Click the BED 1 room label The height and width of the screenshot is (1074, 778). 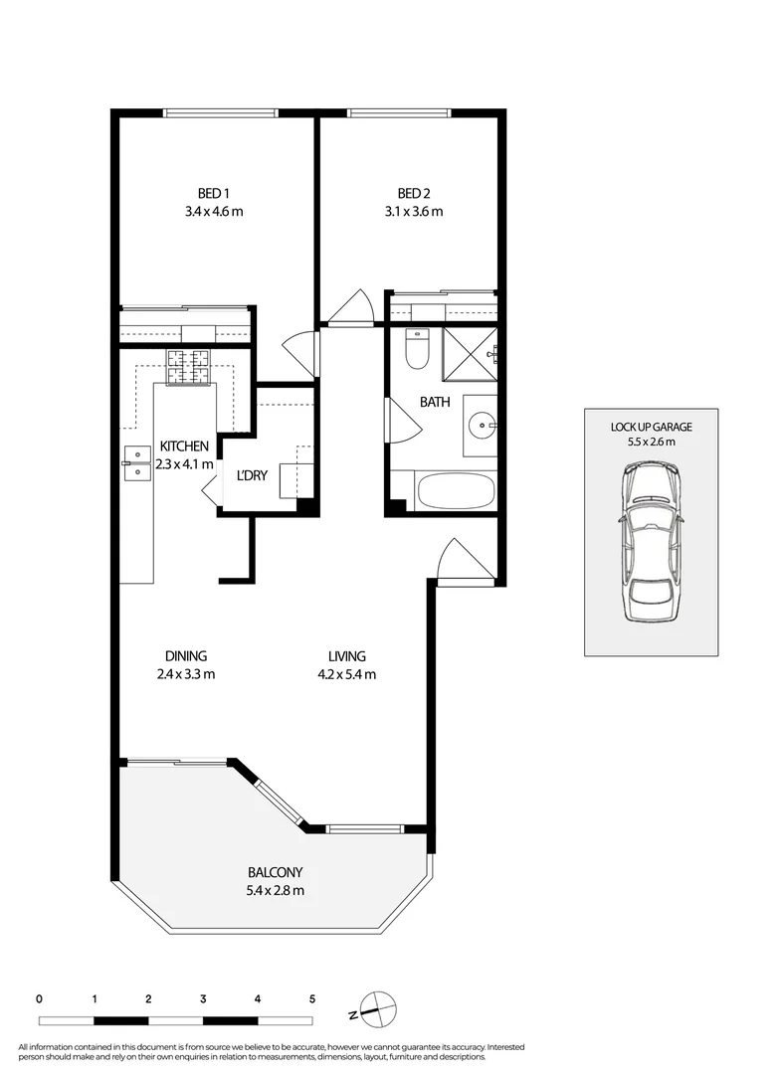(214, 193)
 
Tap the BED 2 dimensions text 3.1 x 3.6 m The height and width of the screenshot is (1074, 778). (419, 211)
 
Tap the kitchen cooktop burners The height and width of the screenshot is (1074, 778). (189, 367)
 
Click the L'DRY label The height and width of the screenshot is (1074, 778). (252, 475)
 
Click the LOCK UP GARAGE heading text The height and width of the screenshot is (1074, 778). (651, 427)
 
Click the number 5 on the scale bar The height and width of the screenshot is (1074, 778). (312, 997)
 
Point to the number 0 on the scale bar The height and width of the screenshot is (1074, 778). (39, 997)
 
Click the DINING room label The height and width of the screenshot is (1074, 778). (186, 656)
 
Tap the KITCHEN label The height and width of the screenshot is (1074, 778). (184, 447)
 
